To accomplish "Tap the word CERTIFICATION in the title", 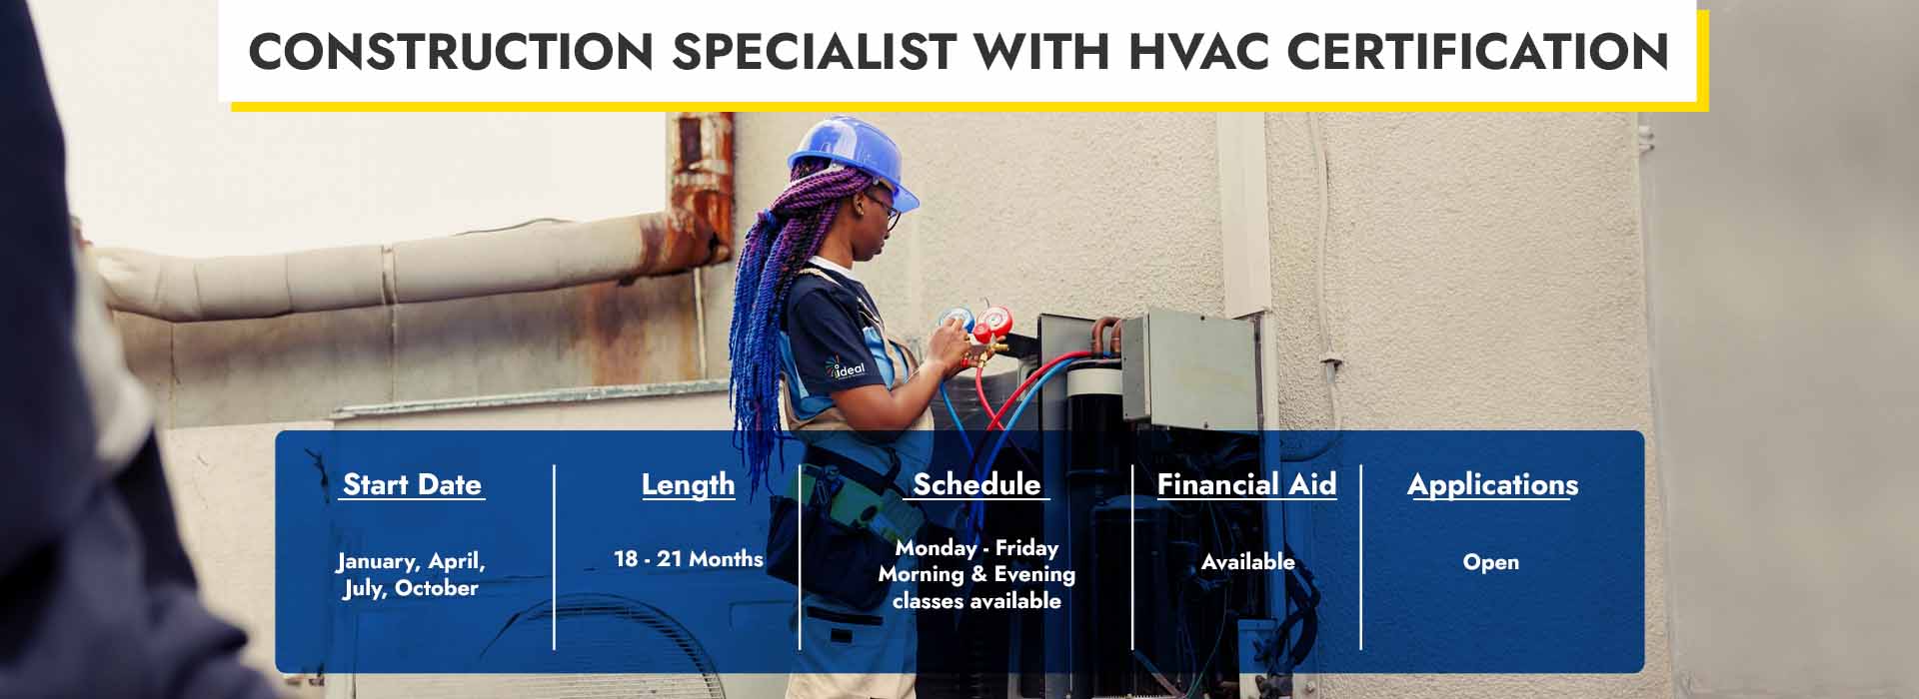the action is [x=1478, y=51].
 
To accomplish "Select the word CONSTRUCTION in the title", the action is [x=451, y=51].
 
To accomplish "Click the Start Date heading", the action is [x=412, y=484].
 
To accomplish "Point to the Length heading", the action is [x=688, y=485].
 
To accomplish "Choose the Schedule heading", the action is [x=976, y=484].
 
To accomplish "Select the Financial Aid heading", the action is [x=1246, y=484].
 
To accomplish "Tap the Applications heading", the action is [x=1492, y=485].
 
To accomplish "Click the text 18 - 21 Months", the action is [x=689, y=559].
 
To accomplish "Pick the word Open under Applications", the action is [x=1490, y=562].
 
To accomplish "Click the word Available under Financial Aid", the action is [x=1247, y=562].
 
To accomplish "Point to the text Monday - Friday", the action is [x=976, y=548].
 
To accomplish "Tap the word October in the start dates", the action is [x=437, y=588].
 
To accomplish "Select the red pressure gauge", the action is [x=990, y=324].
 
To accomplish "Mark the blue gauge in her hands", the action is [x=956, y=322].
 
